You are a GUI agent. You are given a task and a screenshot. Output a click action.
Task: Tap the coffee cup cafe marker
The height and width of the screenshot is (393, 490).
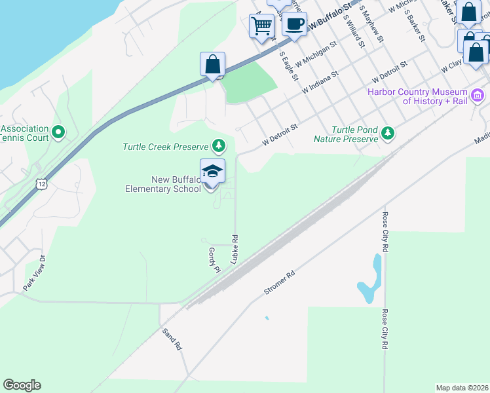(294, 25)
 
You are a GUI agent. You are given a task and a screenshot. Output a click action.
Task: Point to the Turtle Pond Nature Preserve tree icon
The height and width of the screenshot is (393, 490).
(388, 134)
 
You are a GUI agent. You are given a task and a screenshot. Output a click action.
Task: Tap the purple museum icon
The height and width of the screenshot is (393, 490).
(478, 96)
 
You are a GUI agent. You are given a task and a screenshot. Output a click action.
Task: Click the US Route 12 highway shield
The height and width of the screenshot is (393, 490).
(42, 184)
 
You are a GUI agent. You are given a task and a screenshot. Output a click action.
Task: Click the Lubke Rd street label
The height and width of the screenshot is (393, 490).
(234, 250)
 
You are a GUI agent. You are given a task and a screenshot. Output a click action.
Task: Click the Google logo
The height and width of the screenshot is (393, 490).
(22, 385)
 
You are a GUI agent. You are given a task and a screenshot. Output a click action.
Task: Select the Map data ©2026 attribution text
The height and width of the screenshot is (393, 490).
(462, 388)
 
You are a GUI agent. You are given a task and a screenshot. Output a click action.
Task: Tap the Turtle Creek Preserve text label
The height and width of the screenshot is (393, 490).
(165, 147)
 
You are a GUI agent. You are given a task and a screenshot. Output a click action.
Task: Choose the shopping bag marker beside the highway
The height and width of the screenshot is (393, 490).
(212, 65)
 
